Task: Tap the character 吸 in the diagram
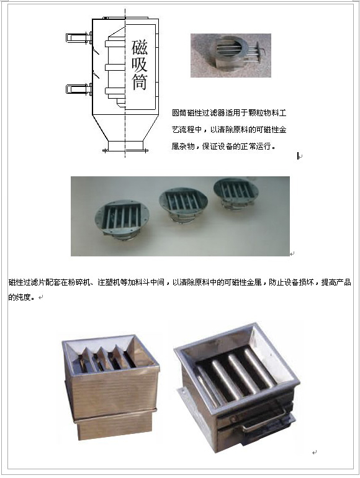tap(140, 64)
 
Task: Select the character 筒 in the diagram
tap(140, 81)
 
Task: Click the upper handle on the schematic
tap(79, 37)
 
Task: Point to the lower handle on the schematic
tap(79, 89)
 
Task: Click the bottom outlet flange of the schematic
tap(125, 150)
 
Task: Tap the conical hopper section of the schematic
tap(125, 128)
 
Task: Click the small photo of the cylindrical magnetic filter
tap(231, 55)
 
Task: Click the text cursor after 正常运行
tap(297, 156)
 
